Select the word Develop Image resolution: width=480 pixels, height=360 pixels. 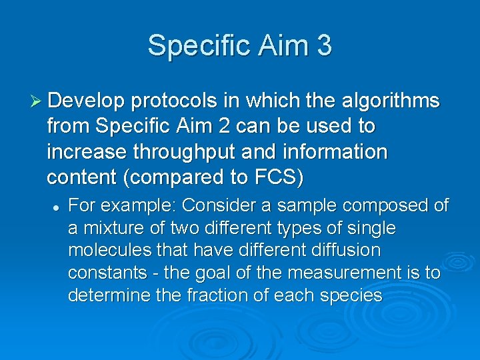coord(86,101)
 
